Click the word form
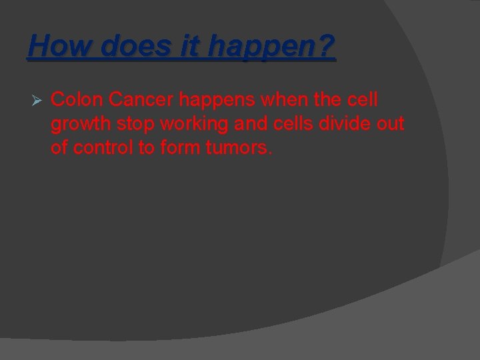176,147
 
